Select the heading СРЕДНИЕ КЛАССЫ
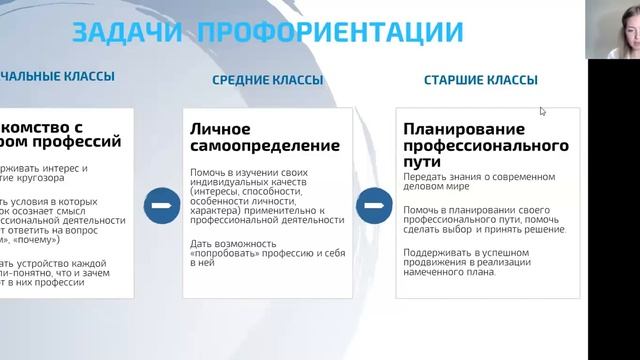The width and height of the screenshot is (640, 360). [267, 80]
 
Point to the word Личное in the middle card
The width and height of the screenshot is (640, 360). [221, 129]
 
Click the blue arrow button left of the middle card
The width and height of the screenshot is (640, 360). [159, 208]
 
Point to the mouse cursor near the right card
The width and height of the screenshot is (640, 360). [543, 111]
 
